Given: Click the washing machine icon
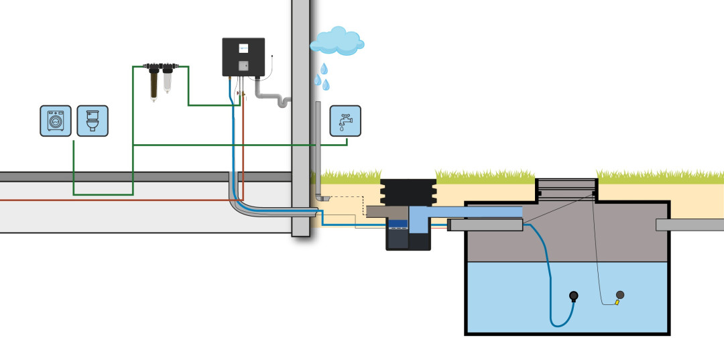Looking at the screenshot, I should [55, 121].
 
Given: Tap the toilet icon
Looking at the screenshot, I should [93, 121].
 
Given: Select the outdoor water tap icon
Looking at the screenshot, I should [345, 121].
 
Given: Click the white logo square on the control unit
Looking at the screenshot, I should [244, 48].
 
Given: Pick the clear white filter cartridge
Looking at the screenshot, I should [167, 82].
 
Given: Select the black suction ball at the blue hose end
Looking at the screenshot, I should [574, 296].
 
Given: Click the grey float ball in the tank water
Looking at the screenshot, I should [620, 295].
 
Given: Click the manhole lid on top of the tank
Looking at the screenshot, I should [566, 184].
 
